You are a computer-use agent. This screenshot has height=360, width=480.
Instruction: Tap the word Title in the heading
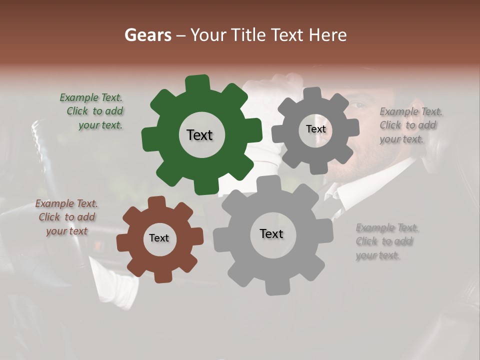coord(249,35)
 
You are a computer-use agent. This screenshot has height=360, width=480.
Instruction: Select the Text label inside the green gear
coord(199,135)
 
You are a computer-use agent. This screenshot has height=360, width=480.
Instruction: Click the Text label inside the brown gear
coord(159,238)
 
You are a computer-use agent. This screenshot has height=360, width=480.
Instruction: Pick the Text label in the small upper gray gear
coord(315,129)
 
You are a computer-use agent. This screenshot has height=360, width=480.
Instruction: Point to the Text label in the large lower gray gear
coord(271,233)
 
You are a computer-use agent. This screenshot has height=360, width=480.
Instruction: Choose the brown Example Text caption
coord(67,217)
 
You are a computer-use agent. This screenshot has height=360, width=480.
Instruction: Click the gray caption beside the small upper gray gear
coord(410,125)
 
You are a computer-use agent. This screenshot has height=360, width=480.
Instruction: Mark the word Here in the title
coord(328,35)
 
